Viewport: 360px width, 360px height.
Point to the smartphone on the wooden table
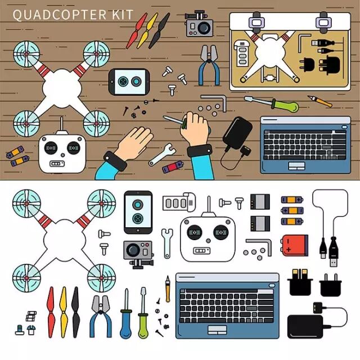[x=129, y=82]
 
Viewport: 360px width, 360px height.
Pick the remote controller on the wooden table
[x=62, y=151]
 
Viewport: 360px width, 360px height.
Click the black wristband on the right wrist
[x=200, y=151]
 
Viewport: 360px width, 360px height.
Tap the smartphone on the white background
[x=138, y=212]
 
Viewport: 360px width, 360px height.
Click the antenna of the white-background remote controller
[x=209, y=206]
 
